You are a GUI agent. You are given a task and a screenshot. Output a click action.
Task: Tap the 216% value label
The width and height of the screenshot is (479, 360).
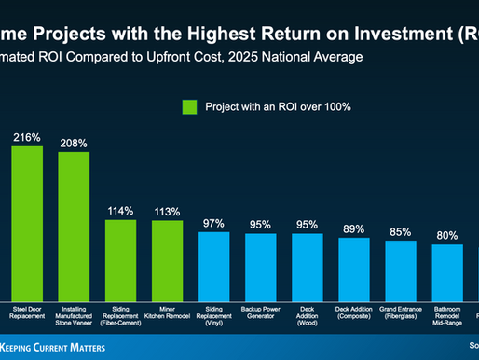(x=27, y=137)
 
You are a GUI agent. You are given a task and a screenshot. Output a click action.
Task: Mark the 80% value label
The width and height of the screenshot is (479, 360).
(x=448, y=235)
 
